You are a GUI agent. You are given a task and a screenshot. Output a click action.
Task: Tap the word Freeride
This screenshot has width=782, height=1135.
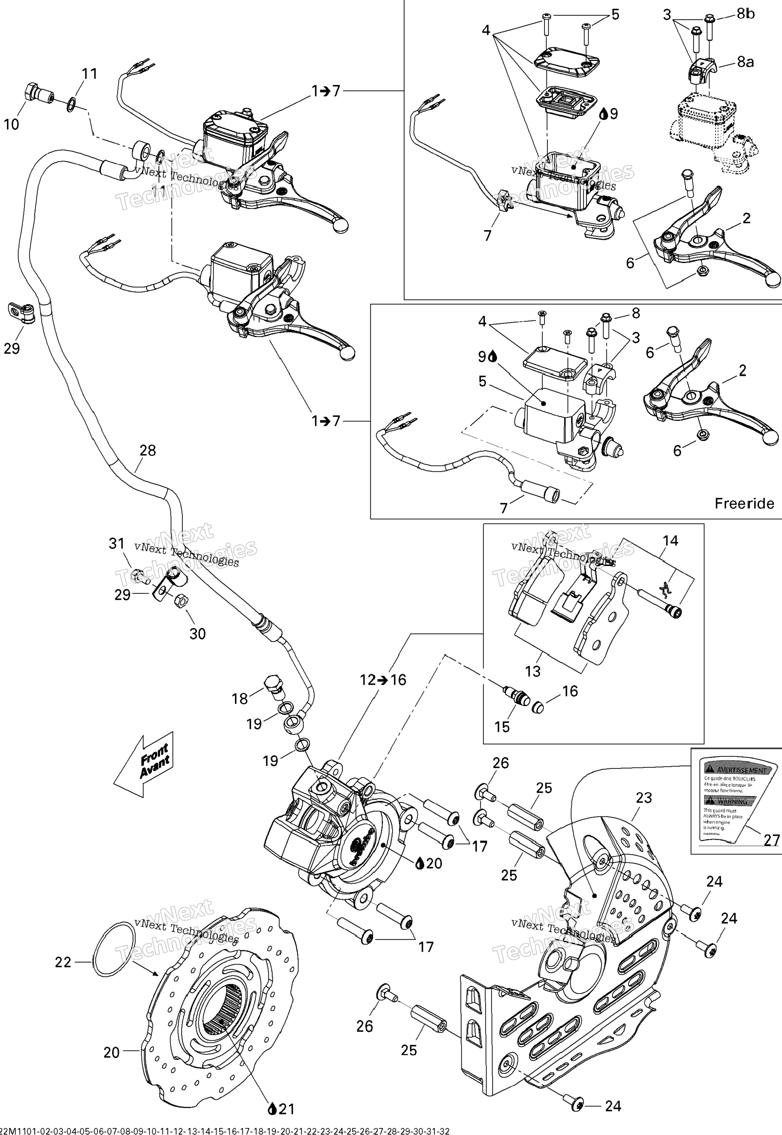744,503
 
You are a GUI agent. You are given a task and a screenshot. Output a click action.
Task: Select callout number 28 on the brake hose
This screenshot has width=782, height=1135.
148,450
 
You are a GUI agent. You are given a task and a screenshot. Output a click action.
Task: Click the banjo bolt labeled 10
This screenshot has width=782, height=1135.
35,93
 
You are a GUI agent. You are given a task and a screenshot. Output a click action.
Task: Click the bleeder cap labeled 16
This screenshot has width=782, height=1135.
538,707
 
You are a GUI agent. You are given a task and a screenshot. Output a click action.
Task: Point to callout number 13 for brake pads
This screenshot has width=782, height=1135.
532,671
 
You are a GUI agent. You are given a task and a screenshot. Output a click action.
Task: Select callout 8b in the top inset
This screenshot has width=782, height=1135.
746,14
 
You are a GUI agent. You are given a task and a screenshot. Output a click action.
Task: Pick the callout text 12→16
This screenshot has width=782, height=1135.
383,680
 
